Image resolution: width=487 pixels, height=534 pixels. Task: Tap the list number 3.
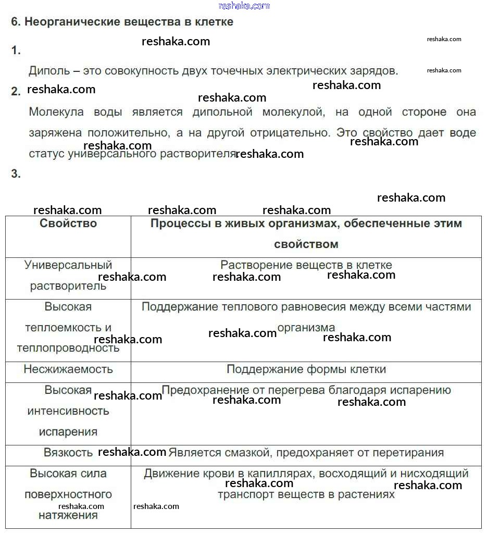(x=16, y=174)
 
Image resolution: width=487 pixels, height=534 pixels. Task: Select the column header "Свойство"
(x=68, y=223)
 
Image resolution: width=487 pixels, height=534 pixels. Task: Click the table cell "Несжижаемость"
(x=68, y=369)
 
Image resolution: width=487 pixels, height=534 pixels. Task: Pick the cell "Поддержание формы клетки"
(x=306, y=369)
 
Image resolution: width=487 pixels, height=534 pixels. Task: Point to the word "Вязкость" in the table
(x=68, y=453)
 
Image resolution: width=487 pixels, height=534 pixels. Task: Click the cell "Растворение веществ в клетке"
(x=306, y=265)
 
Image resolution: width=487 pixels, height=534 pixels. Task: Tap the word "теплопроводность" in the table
(x=68, y=349)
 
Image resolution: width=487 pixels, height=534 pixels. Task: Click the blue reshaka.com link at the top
(x=244, y=6)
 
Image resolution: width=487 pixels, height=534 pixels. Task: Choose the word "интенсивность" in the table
(x=68, y=411)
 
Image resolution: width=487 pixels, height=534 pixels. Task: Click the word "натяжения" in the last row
(x=68, y=515)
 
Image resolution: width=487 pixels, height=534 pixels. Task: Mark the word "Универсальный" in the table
(x=68, y=265)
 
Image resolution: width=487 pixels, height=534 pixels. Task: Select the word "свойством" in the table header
(x=306, y=244)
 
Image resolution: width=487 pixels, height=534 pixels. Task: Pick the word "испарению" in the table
(x=423, y=390)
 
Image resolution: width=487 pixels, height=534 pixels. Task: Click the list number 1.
(x=16, y=50)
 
